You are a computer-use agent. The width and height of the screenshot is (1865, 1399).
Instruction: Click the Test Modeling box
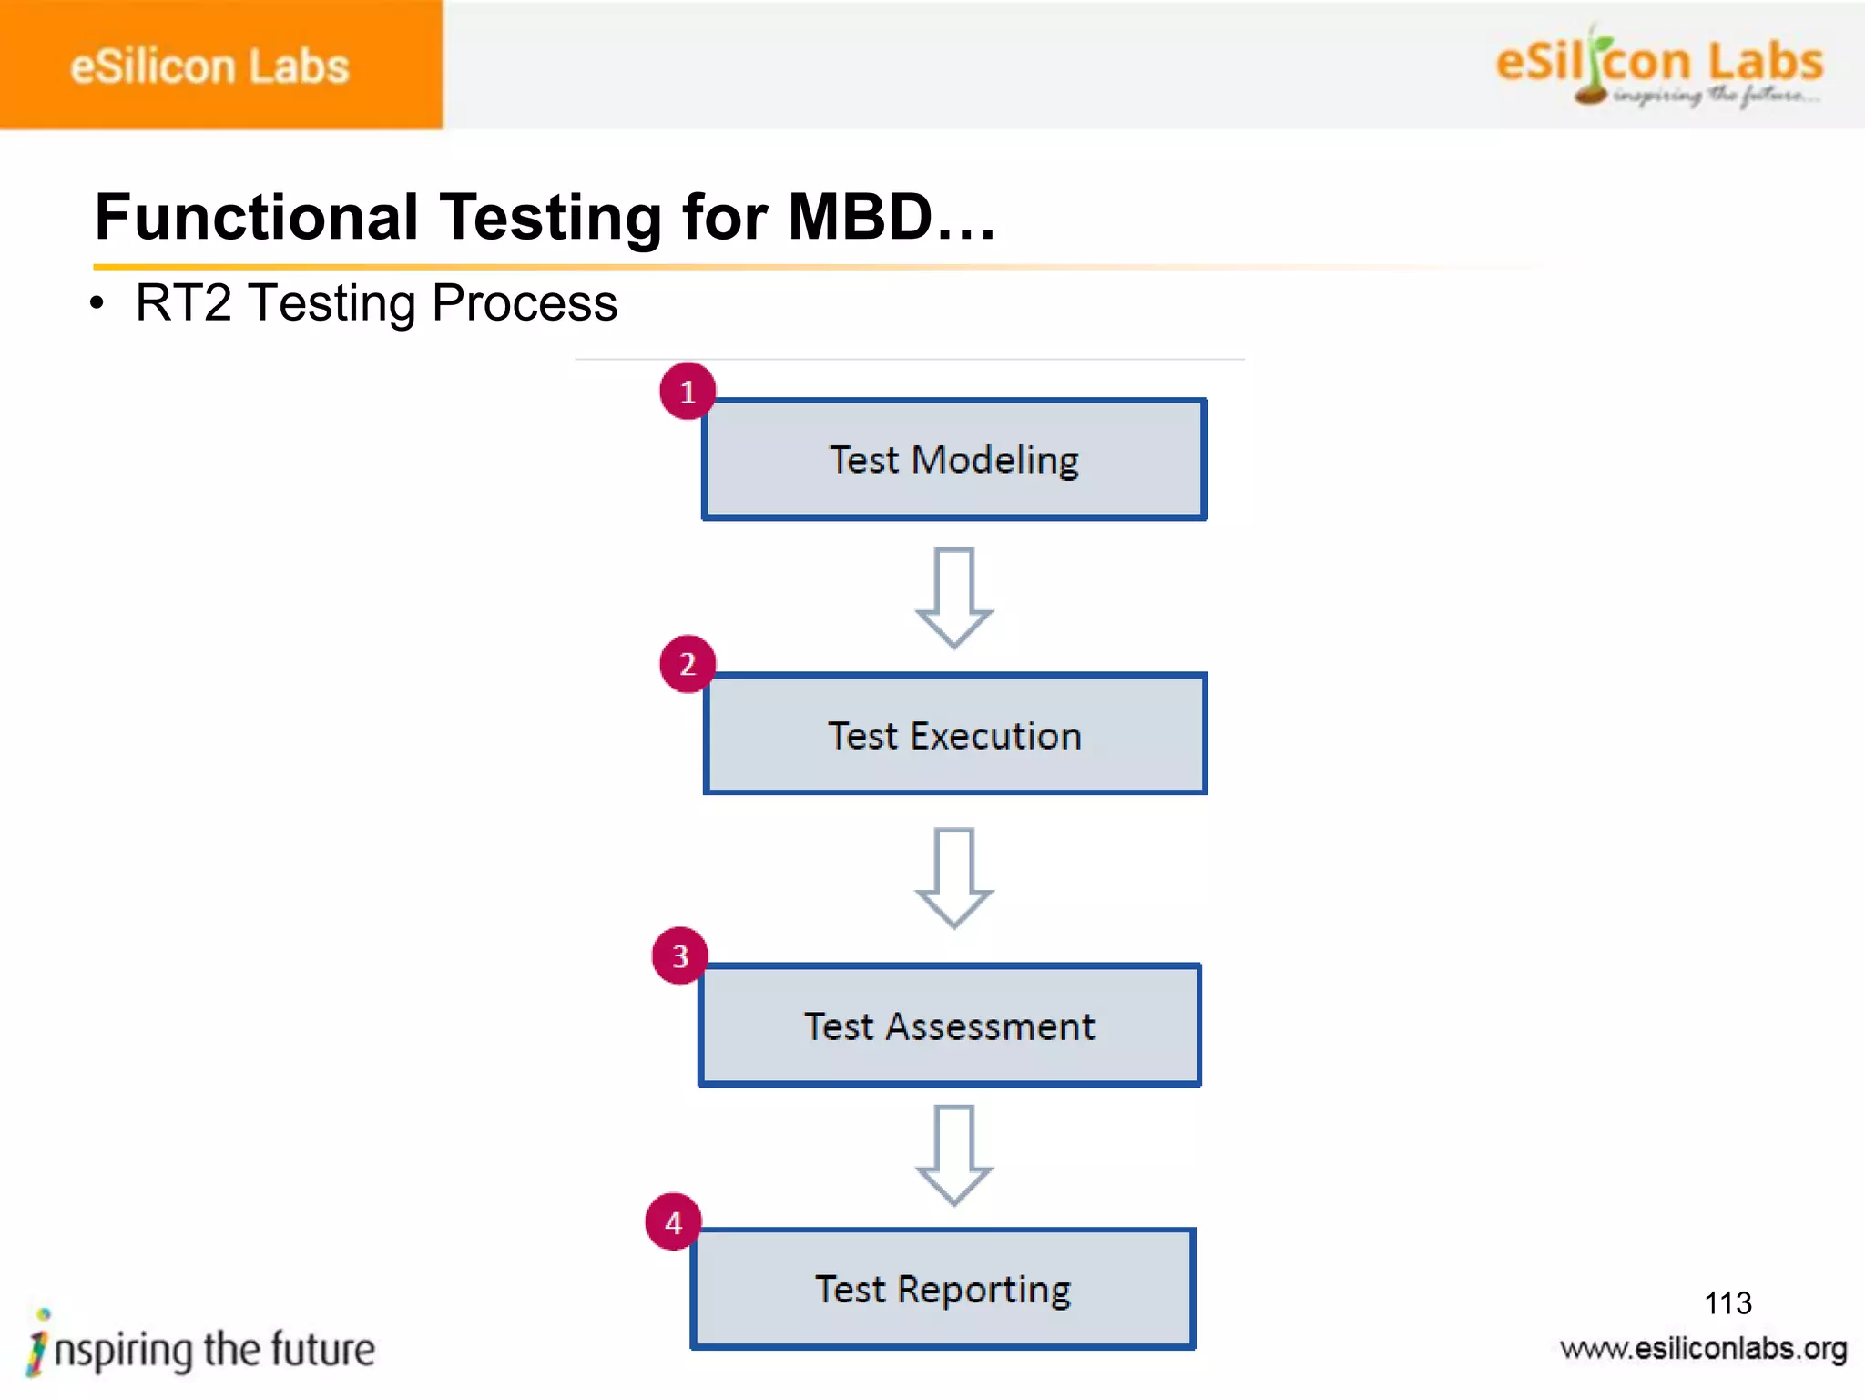pyautogui.click(x=954, y=460)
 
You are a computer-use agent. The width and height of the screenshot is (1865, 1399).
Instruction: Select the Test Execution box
pyautogui.click(x=954, y=734)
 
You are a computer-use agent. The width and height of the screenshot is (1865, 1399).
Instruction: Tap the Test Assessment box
pyautogui.click(x=949, y=1026)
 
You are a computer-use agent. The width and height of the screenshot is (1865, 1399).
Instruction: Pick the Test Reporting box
pyautogui.click(x=943, y=1289)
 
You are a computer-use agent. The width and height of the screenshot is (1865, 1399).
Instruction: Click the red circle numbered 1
pyautogui.click(x=688, y=392)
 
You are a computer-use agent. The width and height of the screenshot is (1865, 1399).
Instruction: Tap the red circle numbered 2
pyautogui.click(x=688, y=664)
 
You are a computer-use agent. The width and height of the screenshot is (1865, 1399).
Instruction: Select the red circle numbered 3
pyautogui.click(x=679, y=956)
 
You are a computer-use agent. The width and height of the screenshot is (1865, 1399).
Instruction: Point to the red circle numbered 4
pyautogui.click(x=673, y=1222)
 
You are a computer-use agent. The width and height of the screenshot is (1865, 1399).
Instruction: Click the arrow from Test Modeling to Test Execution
pyautogui.click(x=953, y=597)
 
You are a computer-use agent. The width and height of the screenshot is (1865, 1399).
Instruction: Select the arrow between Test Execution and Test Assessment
pyautogui.click(x=953, y=877)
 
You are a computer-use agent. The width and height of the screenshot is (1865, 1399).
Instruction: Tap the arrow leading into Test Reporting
pyautogui.click(x=953, y=1155)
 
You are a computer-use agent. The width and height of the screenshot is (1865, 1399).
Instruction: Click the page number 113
pyautogui.click(x=1727, y=1302)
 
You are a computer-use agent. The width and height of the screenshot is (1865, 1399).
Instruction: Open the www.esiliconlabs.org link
pyautogui.click(x=1703, y=1349)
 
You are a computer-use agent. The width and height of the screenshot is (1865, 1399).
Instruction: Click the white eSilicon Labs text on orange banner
pyautogui.click(x=209, y=66)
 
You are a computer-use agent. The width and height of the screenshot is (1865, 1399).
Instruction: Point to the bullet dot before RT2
pyautogui.click(x=97, y=304)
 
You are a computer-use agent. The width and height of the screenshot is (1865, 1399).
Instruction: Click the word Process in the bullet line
pyautogui.click(x=525, y=303)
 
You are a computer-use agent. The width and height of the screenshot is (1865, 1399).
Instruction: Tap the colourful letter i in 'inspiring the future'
pyautogui.click(x=37, y=1344)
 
